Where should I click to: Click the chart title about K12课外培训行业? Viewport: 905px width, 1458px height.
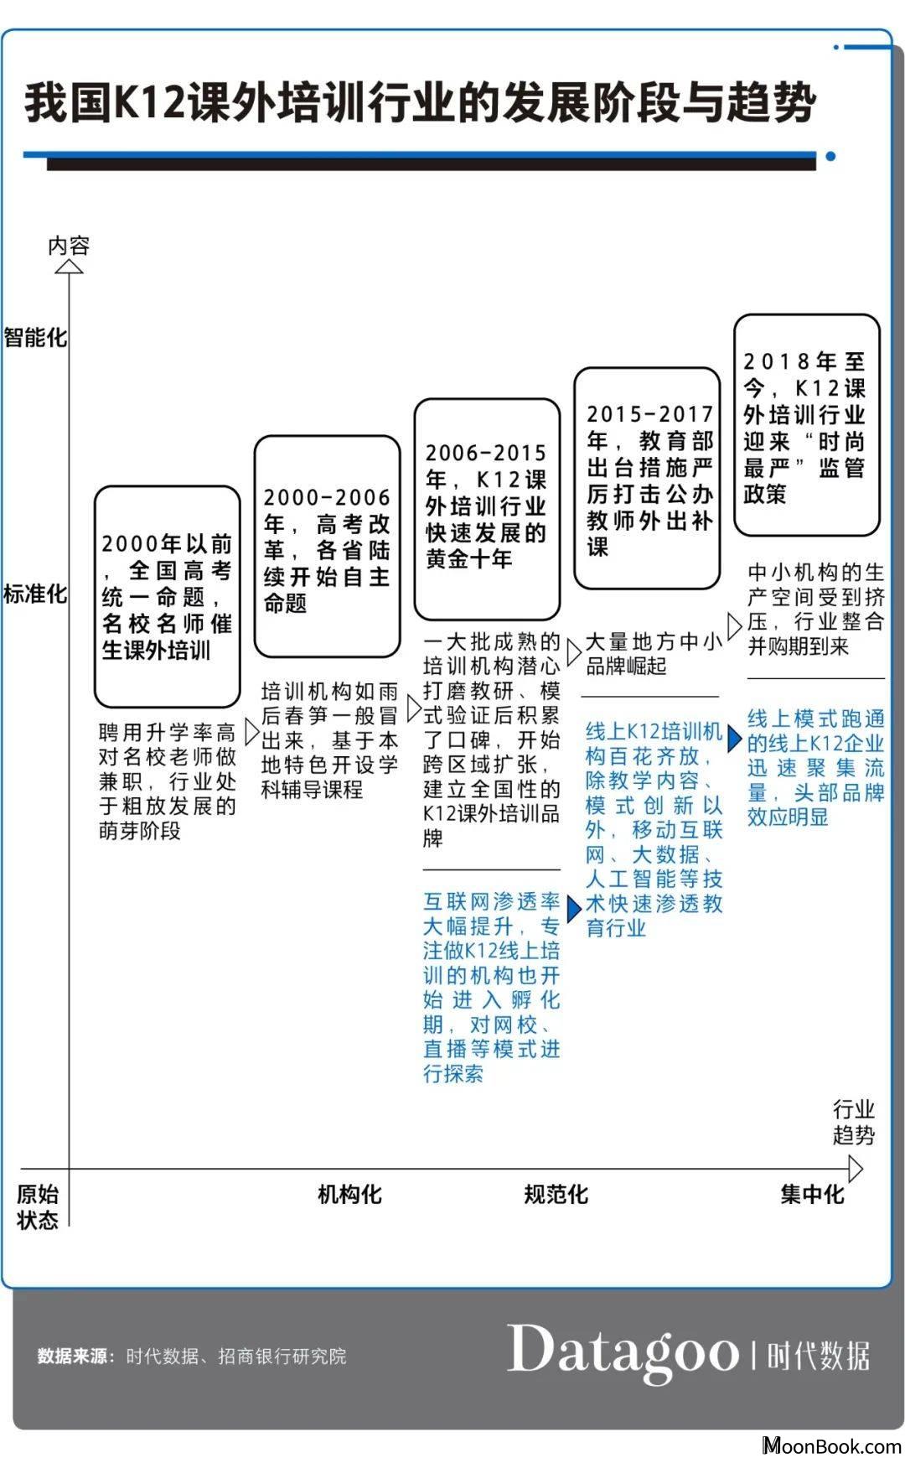[420, 104]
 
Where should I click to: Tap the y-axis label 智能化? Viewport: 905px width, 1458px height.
[34, 338]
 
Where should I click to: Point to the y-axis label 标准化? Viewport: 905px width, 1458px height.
[34, 594]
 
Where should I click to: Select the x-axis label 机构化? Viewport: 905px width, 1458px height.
[349, 1194]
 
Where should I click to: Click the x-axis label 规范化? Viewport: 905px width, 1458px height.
[556, 1194]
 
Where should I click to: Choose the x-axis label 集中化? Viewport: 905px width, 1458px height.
[812, 1194]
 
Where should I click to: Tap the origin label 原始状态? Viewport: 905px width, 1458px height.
[38, 1207]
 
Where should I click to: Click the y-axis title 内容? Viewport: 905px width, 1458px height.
[69, 246]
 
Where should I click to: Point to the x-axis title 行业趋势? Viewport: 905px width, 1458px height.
[854, 1123]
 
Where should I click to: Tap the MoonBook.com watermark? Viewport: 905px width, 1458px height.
[831, 1445]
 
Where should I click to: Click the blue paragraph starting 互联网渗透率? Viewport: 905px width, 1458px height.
[492, 987]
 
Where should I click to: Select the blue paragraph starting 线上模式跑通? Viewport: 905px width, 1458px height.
[816, 767]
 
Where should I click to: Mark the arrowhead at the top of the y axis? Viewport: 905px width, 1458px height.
[69, 267]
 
